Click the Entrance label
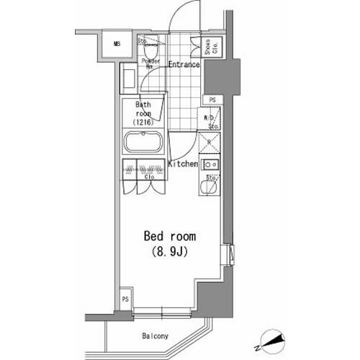tap(184, 65)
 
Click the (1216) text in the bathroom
tap(143, 122)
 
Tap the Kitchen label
tap(183, 164)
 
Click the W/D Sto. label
tap(212, 120)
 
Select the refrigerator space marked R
tap(210, 143)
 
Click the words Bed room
tap(170, 237)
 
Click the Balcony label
tap(154, 336)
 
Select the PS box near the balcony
tap(125, 300)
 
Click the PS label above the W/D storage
tap(212, 99)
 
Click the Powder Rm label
tap(150, 63)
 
